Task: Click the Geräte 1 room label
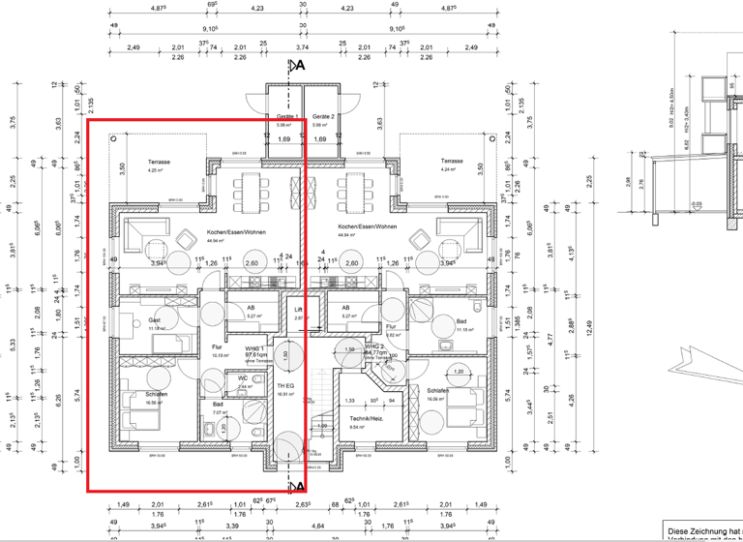(x=283, y=116)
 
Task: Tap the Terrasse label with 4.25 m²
(x=159, y=162)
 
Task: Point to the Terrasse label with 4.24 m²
(x=452, y=162)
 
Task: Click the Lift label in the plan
(x=299, y=311)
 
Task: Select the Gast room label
(x=155, y=320)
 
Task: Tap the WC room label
(x=244, y=377)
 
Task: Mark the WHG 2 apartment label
(x=375, y=346)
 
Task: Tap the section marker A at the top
(x=300, y=66)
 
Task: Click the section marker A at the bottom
(x=300, y=486)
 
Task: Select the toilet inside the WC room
(x=253, y=387)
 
